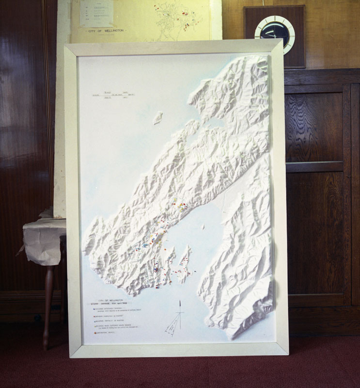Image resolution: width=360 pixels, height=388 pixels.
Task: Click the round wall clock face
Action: (275, 33)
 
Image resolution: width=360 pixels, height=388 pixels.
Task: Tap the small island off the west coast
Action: (158, 118)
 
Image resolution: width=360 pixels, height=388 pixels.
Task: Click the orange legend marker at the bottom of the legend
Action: (95, 333)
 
